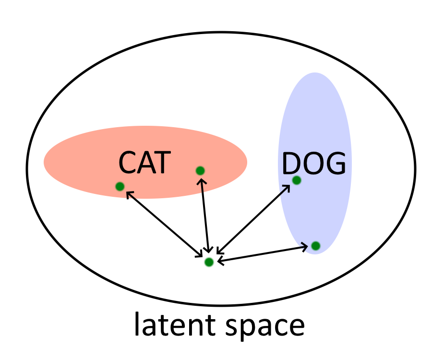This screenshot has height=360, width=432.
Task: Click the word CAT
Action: (x=144, y=163)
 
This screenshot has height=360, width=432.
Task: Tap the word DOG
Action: (x=313, y=165)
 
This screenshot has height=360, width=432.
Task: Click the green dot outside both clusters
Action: (x=209, y=262)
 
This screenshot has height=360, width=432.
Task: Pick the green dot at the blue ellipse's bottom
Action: (x=315, y=246)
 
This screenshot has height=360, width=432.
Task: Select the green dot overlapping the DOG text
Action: (x=297, y=180)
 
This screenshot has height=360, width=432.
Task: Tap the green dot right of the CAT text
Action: (x=200, y=170)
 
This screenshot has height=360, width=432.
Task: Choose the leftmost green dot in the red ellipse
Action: (x=120, y=186)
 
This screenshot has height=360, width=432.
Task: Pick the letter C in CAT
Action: (x=128, y=163)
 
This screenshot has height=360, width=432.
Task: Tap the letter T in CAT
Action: (x=162, y=163)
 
